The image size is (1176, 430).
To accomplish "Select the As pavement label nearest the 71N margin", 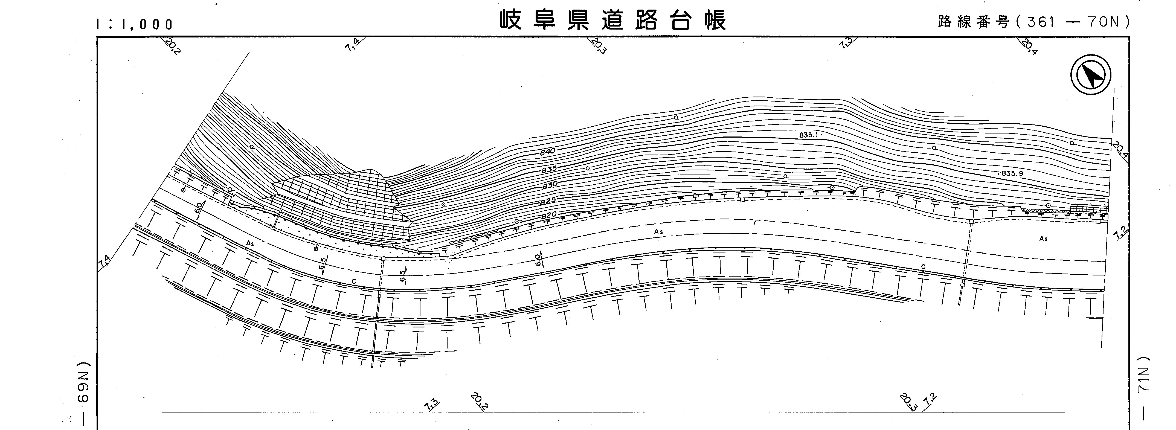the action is [x=1043, y=238].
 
